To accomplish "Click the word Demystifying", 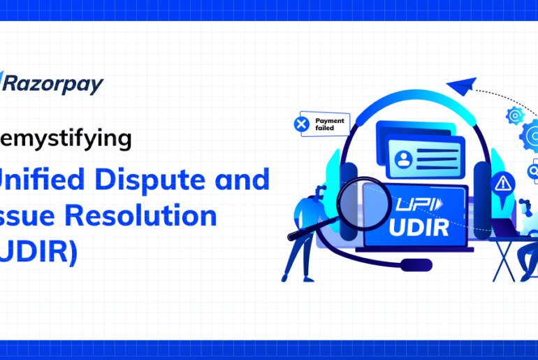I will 66,139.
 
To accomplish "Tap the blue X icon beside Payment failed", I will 302,124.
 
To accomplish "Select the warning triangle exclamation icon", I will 501,185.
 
